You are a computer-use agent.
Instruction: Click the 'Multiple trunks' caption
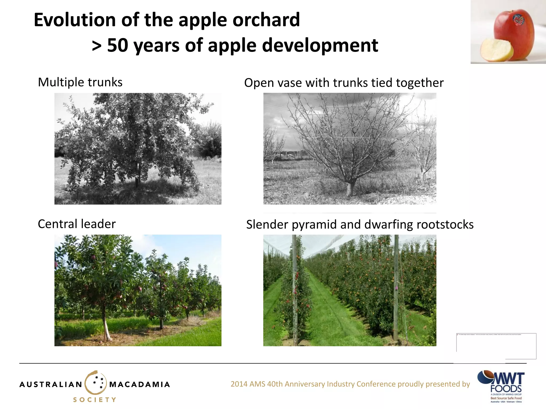[80, 82]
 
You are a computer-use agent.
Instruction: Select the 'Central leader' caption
[77, 224]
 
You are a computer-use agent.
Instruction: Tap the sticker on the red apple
[518, 20]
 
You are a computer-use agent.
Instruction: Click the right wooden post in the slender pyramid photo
[396, 288]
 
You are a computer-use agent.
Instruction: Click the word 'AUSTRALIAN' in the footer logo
[51, 385]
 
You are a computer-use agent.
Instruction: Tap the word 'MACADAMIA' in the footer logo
[139, 385]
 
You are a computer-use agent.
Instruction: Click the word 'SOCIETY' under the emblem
[95, 400]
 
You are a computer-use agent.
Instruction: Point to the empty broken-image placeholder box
[496, 346]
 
